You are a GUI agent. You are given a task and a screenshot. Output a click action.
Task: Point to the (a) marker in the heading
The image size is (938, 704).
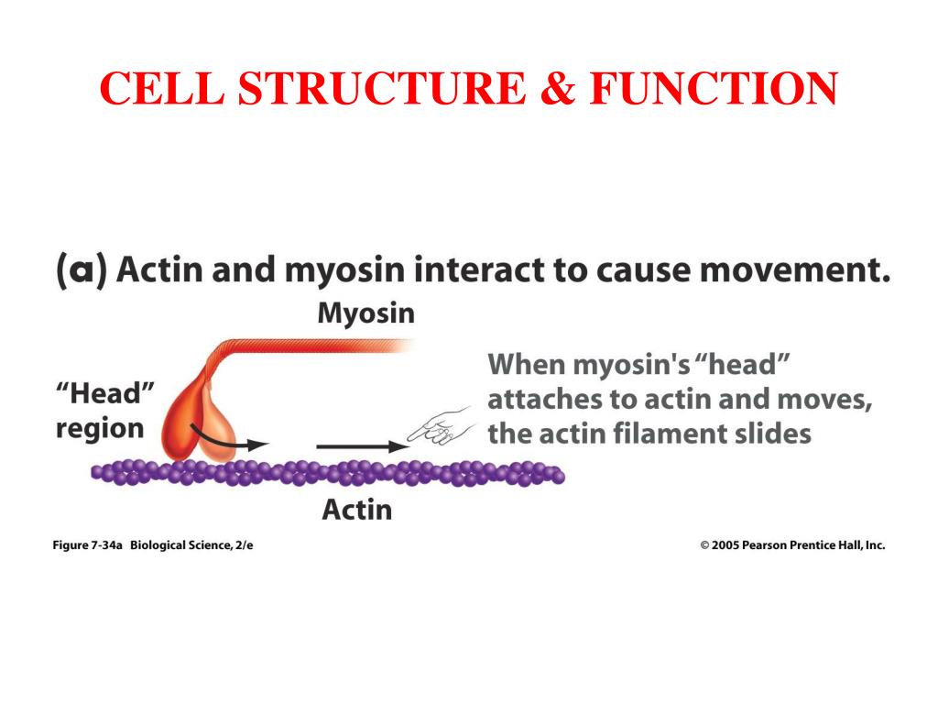[x=81, y=272]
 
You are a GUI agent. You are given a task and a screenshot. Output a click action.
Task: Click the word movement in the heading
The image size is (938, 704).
[x=789, y=271]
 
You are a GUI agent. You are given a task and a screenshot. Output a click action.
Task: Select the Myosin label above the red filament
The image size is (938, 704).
[x=365, y=313]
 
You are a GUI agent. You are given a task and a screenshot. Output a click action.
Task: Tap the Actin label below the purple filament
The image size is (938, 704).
[x=356, y=509]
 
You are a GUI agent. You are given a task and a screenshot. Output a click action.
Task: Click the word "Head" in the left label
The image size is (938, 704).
[x=103, y=395]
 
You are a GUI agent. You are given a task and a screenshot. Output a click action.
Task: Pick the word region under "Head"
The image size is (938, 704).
[x=100, y=428]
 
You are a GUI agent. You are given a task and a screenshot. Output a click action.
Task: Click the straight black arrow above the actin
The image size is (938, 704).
[x=362, y=446]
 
